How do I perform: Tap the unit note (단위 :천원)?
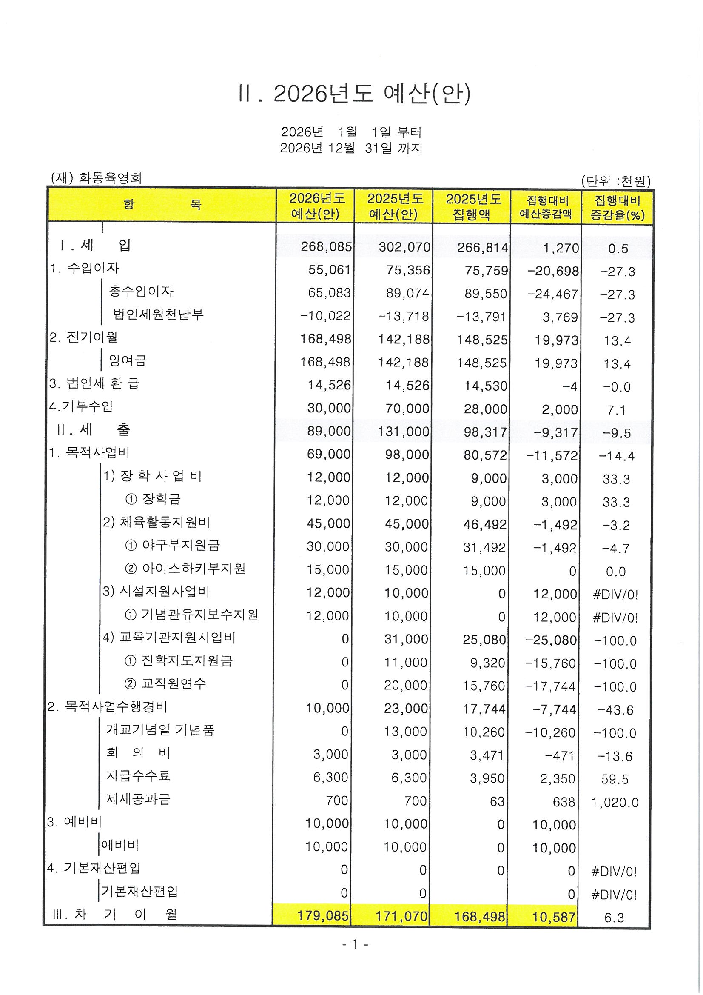tap(615, 181)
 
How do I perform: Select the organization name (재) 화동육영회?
tap(96, 178)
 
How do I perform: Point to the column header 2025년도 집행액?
tap(473, 207)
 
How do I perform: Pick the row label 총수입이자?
tap(141, 291)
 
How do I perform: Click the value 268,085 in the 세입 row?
tap(326, 247)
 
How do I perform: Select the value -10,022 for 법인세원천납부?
tap(325, 316)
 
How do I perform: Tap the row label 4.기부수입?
tap(81, 406)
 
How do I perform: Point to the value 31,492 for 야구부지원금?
tap(484, 548)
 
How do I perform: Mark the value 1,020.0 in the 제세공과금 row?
tap(615, 803)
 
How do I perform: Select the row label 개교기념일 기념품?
tap(160, 730)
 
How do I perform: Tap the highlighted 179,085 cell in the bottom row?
tap(323, 916)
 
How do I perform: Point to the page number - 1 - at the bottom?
tap(354, 944)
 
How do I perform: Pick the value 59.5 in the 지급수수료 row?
tap(615, 779)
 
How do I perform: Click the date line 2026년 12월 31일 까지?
tap(351, 148)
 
